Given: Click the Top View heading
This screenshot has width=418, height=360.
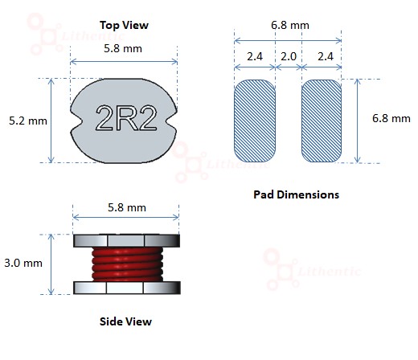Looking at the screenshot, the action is coord(124,25).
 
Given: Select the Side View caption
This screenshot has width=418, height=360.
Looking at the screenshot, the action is coord(125,321).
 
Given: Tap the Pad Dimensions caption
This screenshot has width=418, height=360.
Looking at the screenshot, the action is coord(296,194).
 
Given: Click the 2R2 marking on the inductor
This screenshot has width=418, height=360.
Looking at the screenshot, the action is coord(126,118).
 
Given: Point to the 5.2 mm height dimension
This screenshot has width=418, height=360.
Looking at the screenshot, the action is coord(28,121).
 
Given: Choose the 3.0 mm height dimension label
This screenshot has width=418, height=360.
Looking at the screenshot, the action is coord(23,263).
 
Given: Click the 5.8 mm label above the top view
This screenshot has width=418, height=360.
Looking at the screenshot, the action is coord(123,48).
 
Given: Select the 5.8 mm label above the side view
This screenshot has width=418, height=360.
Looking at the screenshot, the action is coord(127,207).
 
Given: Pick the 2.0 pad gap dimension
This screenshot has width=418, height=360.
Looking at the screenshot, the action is coord(289,56).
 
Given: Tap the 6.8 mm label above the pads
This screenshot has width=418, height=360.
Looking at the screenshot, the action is coord(290,25).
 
